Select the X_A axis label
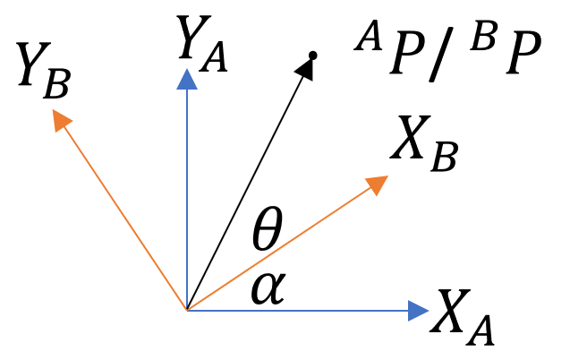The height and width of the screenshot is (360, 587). (x=462, y=316)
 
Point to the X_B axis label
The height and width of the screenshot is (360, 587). (x=424, y=145)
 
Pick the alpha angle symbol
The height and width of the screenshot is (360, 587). (x=268, y=288)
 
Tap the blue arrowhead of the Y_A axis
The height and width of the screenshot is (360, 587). (x=186, y=81)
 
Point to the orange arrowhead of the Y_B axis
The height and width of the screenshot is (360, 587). (x=60, y=119)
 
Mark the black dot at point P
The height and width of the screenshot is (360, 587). (x=312, y=56)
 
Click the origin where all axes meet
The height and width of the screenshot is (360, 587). (x=186, y=310)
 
